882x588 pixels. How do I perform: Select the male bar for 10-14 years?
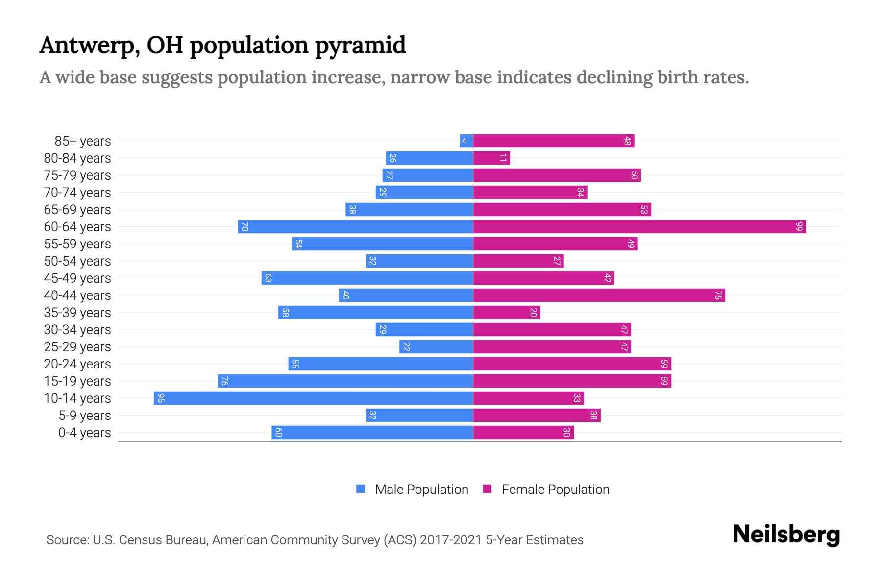[x=314, y=398]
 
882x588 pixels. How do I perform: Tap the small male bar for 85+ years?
[x=466, y=141]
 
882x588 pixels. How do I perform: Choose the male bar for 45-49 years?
[x=367, y=278]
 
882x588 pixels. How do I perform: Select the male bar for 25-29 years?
[x=436, y=347]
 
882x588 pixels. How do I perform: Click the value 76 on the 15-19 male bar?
[x=224, y=381]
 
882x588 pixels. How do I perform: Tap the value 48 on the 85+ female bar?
[x=628, y=141]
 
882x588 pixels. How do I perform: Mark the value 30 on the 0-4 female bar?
[x=567, y=433]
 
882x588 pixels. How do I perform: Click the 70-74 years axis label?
[x=77, y=193]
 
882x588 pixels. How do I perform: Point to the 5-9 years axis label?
[x=85, y=416]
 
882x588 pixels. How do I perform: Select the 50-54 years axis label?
[x=77, y=261]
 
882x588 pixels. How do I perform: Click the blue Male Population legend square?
[x=361, y=489]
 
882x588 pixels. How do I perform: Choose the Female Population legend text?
[x=555, y=489]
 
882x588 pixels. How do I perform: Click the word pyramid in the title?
[x=360, y=46]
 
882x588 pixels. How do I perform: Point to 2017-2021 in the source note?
[x=451, y=540]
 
